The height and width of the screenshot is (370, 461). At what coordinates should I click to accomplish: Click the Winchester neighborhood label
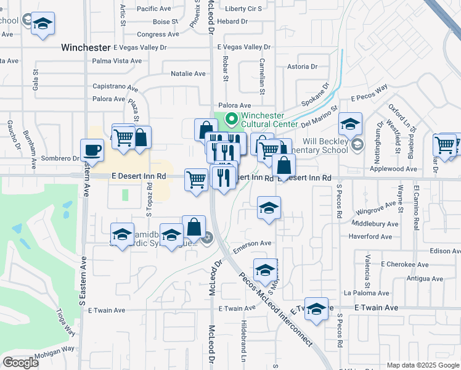click(86, 47)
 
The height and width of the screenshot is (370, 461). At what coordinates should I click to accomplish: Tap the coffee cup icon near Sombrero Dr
click(92, 150)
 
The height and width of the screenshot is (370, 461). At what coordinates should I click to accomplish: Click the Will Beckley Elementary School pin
click(357, 145)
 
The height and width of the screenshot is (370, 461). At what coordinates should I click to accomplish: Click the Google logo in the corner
click(20, 363)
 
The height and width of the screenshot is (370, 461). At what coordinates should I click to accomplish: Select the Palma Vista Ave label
click(116, 61)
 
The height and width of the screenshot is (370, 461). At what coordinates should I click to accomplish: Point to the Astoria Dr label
click(302, 67)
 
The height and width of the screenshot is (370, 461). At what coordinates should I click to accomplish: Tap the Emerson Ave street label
click(252, 244)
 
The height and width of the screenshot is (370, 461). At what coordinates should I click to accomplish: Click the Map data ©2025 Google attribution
click(422, 365)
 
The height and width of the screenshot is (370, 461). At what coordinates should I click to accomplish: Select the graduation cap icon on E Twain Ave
click(316, 309)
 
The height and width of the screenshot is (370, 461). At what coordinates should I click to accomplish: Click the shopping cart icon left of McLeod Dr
click(196, 179)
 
